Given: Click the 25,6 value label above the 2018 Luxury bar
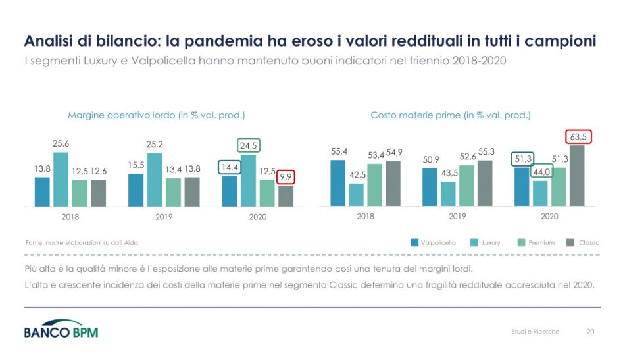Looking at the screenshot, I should point(61,144).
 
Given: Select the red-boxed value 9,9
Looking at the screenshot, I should point(286,176).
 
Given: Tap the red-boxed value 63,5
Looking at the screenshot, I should point(579,137).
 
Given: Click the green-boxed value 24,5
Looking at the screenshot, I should point(248,145).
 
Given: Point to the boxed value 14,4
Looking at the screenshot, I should point(230,167).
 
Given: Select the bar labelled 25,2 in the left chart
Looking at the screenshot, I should point(155,179).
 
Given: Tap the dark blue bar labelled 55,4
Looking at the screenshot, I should point(337,182).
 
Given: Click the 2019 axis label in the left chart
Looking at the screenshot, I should point(163,217).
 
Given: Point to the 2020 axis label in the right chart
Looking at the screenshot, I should point(549,216).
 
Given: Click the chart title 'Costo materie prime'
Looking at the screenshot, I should point(450,115).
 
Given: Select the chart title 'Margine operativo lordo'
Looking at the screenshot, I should point(157,115).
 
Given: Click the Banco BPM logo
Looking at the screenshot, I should point(61,331).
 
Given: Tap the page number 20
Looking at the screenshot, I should point(590,332).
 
